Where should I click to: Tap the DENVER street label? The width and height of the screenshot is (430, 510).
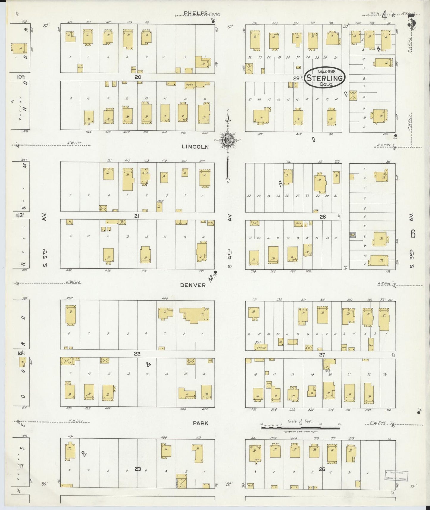(193, 285)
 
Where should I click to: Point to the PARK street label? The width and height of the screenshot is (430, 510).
(200, 423)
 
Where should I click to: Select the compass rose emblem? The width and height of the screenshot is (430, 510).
(228, 140)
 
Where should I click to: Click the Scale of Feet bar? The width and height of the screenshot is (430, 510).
(300, 428)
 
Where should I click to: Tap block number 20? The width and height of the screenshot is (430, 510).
(137, 77)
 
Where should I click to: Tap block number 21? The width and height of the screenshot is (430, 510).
(136, 216)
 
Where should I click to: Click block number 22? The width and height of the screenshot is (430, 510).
(137, 354)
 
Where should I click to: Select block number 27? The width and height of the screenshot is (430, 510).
(322, 355)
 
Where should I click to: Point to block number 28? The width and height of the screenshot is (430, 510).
(323, 217)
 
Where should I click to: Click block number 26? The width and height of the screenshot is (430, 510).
(322, 469)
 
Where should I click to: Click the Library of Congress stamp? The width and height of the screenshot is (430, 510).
(397, 475)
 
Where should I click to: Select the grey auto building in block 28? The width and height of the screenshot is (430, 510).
(353, 235)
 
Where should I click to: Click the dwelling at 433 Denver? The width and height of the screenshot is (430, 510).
(71, 315)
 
